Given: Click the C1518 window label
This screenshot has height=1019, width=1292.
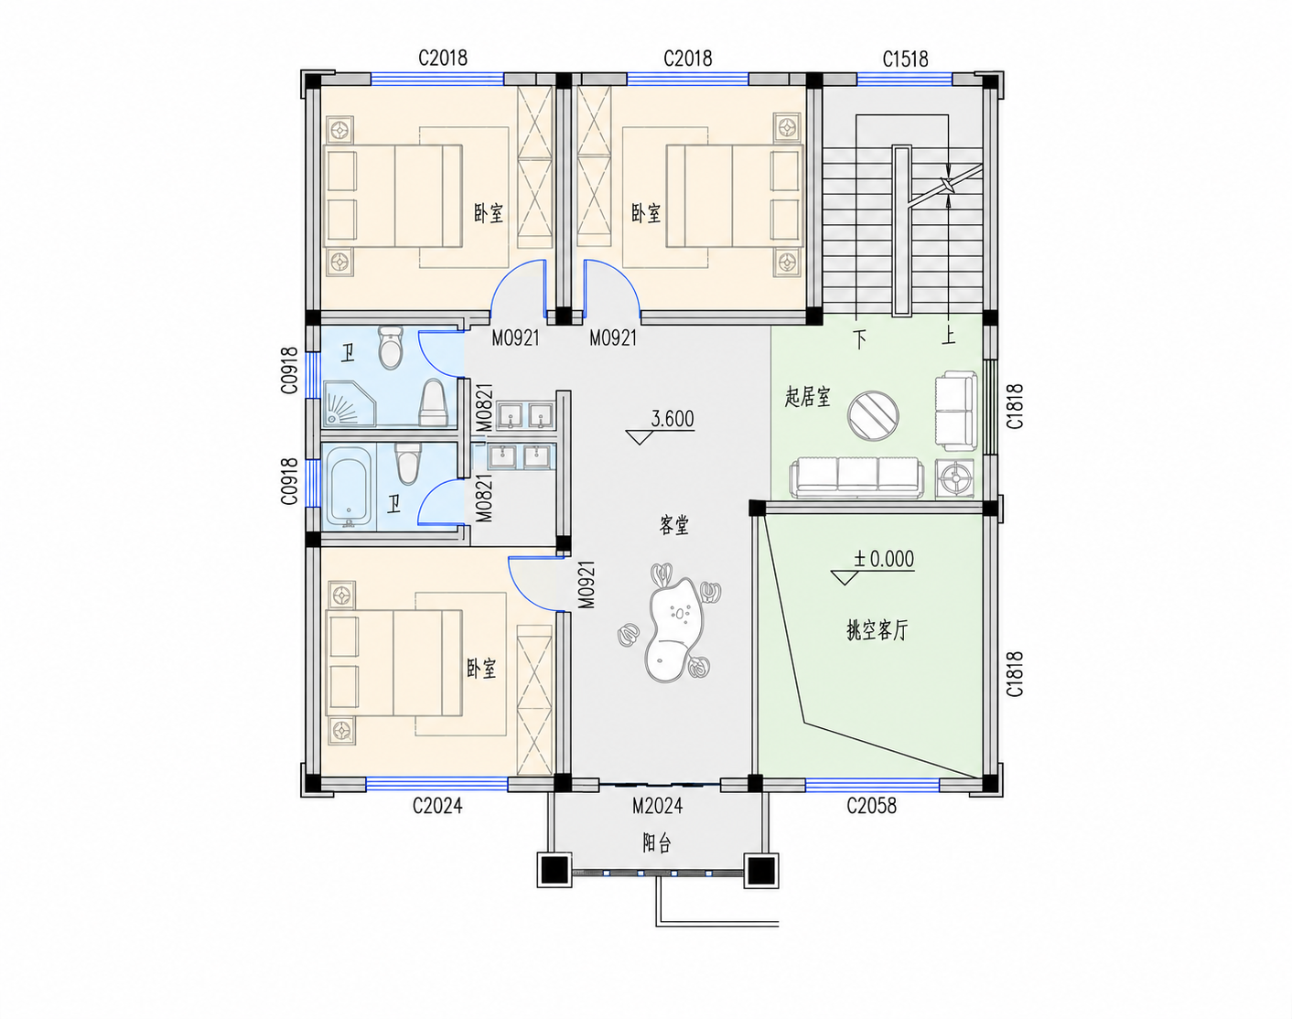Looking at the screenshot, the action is click(x=905, y=59).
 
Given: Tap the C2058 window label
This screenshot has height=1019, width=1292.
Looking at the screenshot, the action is click(x=871, y=806).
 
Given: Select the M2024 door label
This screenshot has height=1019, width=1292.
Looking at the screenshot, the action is click(x=657, y=806).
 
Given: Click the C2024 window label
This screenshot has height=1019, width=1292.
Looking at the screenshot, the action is click(x=437, y=806).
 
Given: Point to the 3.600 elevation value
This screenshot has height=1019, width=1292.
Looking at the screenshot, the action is click(x=673, y=418).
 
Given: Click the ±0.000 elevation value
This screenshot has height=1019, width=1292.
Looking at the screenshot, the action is click(x=884, y=559).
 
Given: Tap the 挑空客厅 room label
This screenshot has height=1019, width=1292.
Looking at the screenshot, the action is click(x=877, y=630).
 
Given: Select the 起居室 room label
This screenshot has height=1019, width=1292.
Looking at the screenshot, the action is click(x=808, y=397).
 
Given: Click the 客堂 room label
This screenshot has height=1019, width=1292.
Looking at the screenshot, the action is click(x=673, y=526).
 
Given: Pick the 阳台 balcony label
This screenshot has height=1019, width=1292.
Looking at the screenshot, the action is click(x=657, y=843).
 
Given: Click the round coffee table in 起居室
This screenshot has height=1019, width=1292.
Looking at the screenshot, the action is click(x=873, y=416).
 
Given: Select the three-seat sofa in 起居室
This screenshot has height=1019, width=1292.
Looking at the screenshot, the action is click(x=857, y=477).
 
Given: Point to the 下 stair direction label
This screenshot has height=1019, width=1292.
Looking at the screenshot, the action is click(x=860, y=340).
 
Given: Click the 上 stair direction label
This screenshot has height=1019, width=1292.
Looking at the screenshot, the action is click(x=949, y=337).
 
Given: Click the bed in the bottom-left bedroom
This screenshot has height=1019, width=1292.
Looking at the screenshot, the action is click(x=393, y=663).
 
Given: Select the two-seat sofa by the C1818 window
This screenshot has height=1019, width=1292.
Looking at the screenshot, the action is click(x=955, y=411).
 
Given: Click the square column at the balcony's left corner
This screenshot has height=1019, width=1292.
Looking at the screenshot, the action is click(x=554, y=870).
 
